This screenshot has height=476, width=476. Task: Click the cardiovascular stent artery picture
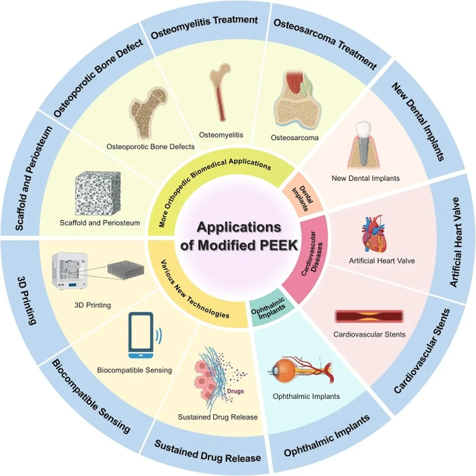tap(369, 317)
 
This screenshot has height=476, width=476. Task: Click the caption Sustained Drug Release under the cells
tap(218, 417)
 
